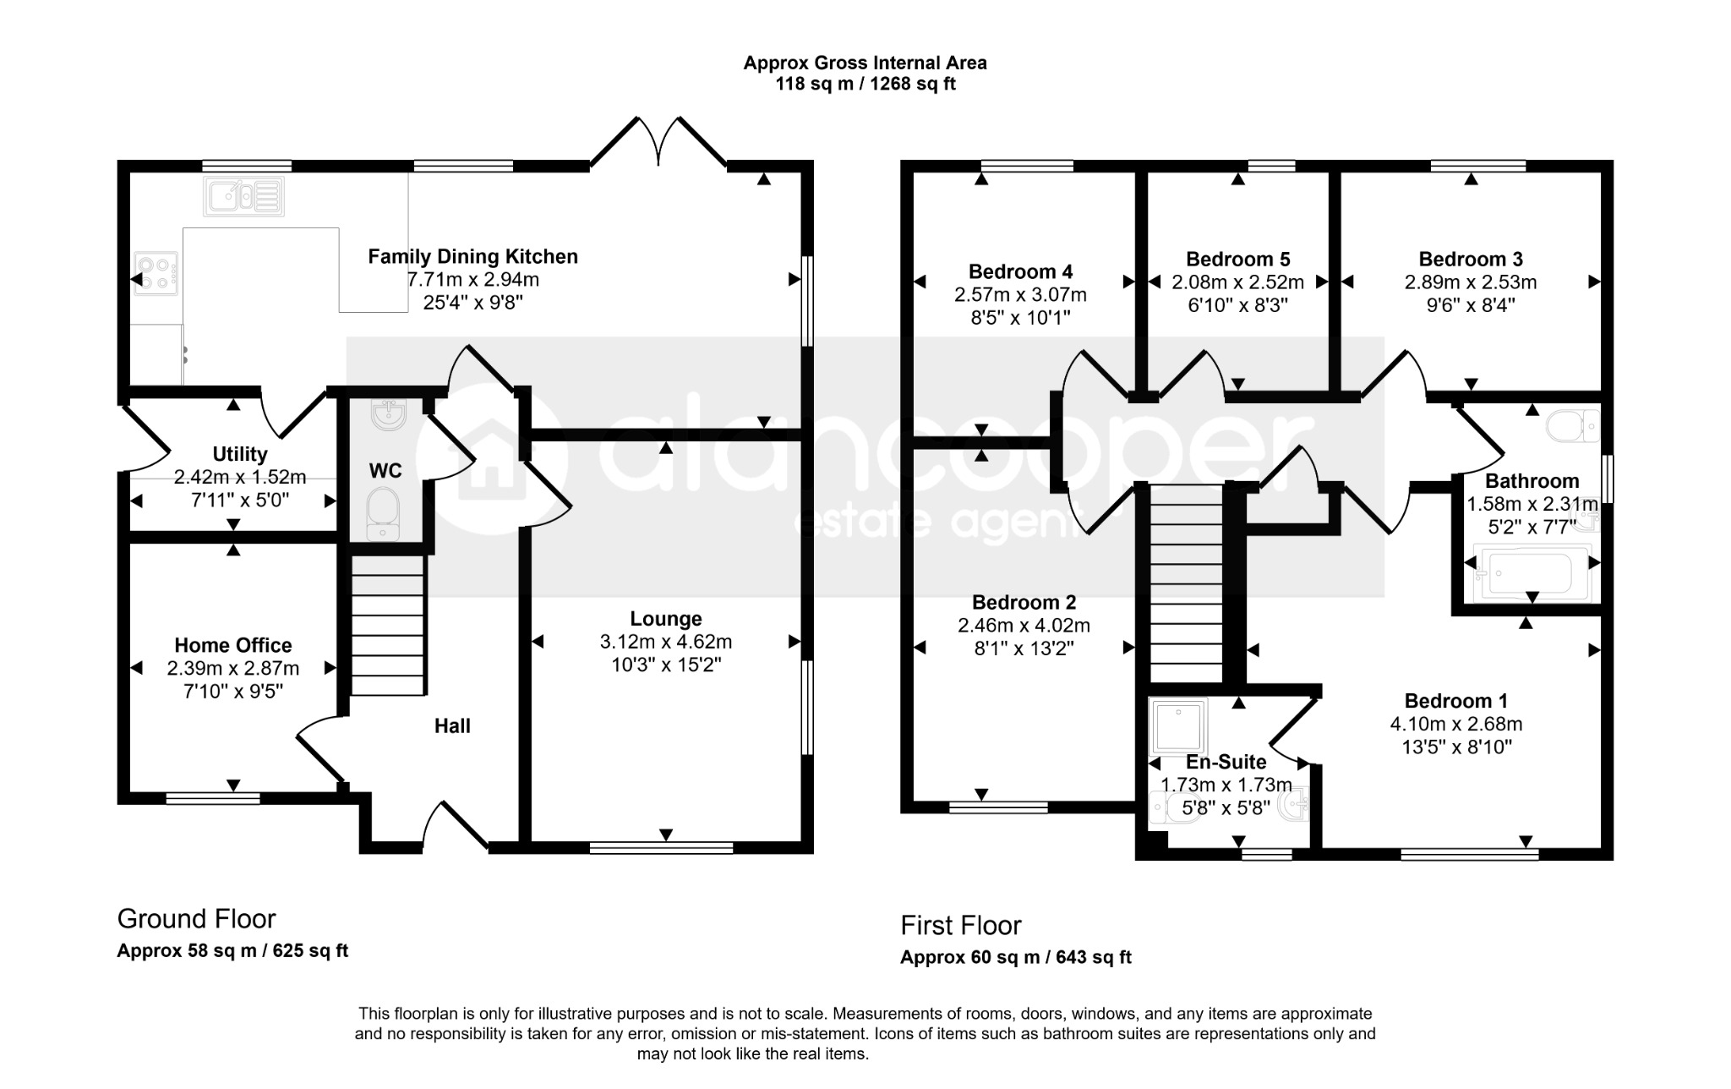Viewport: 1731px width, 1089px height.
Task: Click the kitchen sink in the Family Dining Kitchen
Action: pyautogui.click(x=243, y=196)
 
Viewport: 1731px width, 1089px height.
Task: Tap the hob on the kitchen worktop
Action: pyautogui.click(x=156, y=273)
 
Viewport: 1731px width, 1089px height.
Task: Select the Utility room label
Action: pyautogui.click(x=240, y=454)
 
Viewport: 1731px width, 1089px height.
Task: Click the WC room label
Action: pyautogui.click(x=385, y=471)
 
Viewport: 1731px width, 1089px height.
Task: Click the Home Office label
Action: pyautogui.click(x=233, y=645)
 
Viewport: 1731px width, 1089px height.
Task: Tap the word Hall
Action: pyautogui.click(x=452, y=725)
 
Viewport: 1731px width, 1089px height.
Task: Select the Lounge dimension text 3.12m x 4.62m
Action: pyautogui.click(x=666, y=642)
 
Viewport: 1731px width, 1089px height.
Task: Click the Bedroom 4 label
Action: pyautogui.click(x=1021, y=271)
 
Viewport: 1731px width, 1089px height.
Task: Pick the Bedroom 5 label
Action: pyautogui.click(x=1238, y=259)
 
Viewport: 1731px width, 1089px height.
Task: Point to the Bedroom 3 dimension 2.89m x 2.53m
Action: pyautogui.click(x=1471, y=282)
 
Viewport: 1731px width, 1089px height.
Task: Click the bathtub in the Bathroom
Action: pyautogui.click(x=1532, y=572)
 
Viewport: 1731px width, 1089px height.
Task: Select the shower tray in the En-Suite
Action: pyautogui.click(x=1178, y=725)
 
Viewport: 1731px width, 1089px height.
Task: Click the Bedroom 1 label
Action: pyautogui.click(x=1456, y=701)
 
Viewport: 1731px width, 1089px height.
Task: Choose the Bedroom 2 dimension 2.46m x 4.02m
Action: pyautogui.click(x=1024, y=626)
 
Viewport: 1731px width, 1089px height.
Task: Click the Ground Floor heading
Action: pyautogui.click(x=196, y=918)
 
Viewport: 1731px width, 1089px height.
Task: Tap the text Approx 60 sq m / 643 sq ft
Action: pyautogui.click(x=1016, y=957)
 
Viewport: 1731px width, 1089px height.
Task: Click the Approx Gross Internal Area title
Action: pyautogui.click(x=865, y=63)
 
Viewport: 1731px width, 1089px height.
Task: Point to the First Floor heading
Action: pyautogui.click(x=961, y=925)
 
